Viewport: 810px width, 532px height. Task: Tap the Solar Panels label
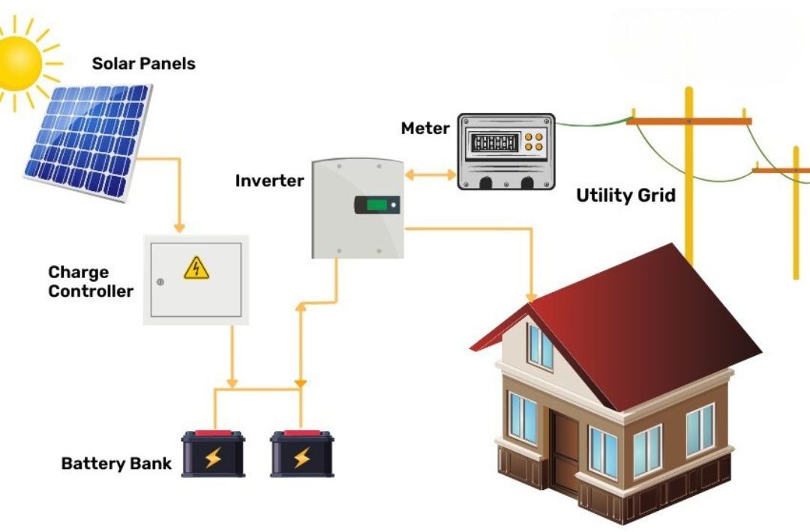tap(143, 64)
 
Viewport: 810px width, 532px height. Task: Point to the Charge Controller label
tap(90, 282)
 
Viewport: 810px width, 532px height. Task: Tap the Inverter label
tap(269, 181)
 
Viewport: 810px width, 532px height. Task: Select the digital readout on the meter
tap(493, 142)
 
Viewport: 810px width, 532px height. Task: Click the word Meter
tap(425, 128)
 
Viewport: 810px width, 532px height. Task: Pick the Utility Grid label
tap(625, 196)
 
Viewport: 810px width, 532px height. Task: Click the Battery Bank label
tap(116, 463)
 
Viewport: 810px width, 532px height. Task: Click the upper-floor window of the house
tap(540, 346)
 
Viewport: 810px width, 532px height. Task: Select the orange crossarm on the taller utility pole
tap(688, 120)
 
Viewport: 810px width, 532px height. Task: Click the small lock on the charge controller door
tap(160, 282)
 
